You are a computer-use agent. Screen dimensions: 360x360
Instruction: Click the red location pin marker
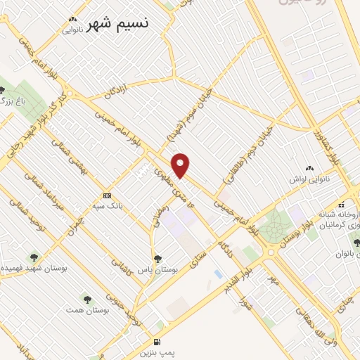[x=181, y=165]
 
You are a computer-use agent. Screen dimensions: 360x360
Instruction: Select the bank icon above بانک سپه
[x=107, y=195]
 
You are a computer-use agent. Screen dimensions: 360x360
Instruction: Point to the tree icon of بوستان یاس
[x=157, y=258]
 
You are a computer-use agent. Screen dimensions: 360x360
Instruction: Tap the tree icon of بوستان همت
[x=86, y=299]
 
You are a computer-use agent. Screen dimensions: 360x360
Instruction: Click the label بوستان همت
[x=82, y=310]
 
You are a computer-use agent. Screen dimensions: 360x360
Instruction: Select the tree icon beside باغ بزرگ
[x=4, y=90]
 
